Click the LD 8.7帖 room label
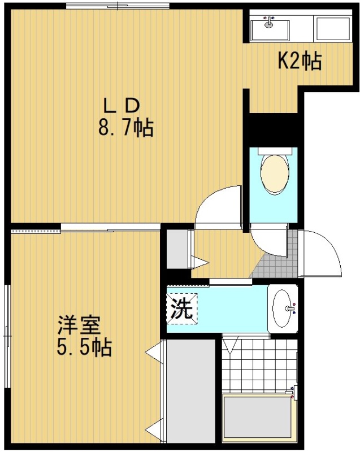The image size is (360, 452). click(x=125, y=117)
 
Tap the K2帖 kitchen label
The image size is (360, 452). click(x=300, y=61)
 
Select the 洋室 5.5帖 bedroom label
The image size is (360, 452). click(x=84, y=336)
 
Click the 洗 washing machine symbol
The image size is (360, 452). click(x=182, y=308)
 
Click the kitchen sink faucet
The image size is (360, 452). click(x=269, y=22)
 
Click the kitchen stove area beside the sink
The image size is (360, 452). click(x=333, y=29)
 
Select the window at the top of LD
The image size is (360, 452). click(x=118, y=6)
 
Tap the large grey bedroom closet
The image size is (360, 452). click(x=191, y=391)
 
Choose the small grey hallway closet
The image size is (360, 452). click(x=178, y=249)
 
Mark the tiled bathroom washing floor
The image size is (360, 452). click(x=259, y=366)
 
